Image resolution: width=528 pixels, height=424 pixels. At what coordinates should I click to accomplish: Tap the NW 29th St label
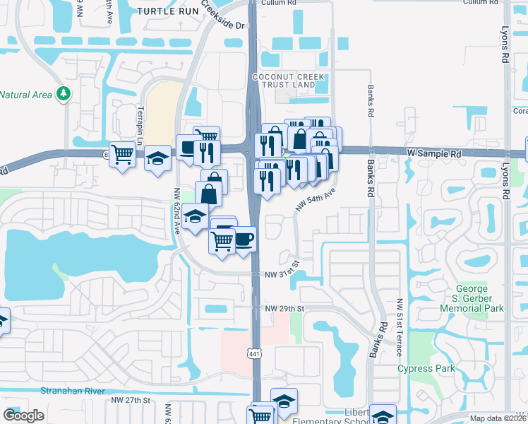click(x=284, y=310)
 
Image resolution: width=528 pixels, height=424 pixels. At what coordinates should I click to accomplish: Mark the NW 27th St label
click(x=131, y=400)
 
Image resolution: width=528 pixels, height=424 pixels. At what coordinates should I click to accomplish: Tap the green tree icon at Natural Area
click(x=64, y=93)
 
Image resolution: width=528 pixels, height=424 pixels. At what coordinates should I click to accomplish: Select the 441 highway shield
click(x=254, y=352)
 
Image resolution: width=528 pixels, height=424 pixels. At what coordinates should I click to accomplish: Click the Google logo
click(x=23, y=416)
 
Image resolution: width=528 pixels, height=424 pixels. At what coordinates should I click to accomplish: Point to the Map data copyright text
click(x=497, y=418)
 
